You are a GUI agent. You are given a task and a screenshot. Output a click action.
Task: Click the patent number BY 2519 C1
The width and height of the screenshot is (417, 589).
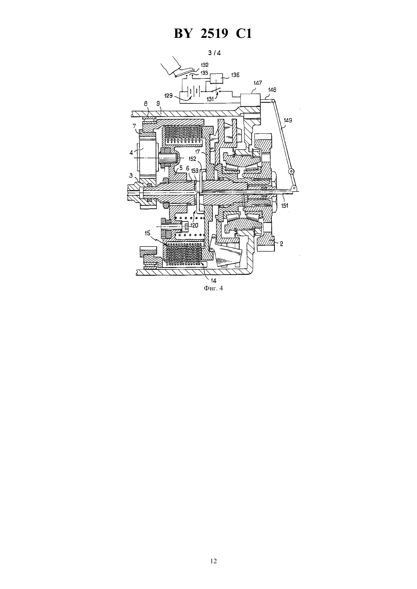(213, 34)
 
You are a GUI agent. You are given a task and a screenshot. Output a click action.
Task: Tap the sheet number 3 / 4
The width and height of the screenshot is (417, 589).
(214, 53)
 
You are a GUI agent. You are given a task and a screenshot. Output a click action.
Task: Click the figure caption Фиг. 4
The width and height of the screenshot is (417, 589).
(213, 288)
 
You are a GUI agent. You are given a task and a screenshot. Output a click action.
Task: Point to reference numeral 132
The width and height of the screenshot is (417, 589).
(205, 65)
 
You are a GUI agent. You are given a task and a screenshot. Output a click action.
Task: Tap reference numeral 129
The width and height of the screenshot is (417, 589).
(168, 95)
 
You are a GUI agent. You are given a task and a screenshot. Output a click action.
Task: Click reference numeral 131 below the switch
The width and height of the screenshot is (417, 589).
(210, 99)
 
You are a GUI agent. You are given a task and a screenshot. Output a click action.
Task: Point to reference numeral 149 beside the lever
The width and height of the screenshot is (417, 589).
(288, 120)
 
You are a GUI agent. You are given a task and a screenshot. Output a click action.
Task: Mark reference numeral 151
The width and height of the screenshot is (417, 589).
(284, 206)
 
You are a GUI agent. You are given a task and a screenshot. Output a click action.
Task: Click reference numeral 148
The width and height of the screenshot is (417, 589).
(272, 90)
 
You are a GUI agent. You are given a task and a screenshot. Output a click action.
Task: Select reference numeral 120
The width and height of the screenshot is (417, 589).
(194, 225)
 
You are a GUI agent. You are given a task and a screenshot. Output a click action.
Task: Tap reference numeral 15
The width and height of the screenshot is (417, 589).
(147, 233)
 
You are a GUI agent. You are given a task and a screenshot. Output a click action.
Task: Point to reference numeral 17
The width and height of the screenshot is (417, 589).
(198, 152)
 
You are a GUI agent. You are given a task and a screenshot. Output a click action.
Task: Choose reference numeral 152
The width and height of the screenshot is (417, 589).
(193, 159)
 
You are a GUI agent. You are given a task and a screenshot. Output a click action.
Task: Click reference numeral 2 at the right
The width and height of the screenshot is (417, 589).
(281, 244)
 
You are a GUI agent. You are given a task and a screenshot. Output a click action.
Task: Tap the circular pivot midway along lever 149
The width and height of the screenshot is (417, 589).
(291, 171)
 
